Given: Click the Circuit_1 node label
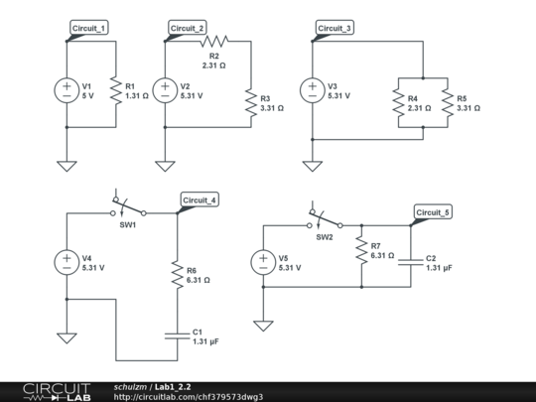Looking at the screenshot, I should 90,28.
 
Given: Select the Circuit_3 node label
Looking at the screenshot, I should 335,28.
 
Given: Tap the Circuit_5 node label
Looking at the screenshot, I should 433,212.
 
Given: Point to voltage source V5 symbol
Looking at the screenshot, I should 263,262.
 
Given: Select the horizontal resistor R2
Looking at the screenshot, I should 212,41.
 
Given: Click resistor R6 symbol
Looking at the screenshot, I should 177,274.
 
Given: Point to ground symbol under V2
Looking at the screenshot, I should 165,165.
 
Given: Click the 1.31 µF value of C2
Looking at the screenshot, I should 440,268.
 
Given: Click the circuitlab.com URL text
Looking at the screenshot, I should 189,396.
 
